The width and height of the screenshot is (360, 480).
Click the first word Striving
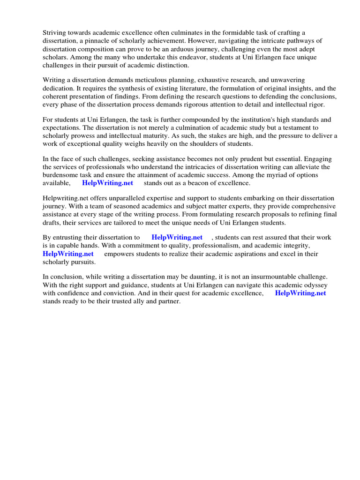click(55, 32)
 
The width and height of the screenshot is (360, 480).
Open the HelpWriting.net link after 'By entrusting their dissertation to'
click(177, 238)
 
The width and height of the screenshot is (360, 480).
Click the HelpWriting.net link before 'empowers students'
click(68, 254)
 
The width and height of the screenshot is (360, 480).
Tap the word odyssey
click(315, 285)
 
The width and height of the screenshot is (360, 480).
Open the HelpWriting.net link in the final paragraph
click(300, 293)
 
